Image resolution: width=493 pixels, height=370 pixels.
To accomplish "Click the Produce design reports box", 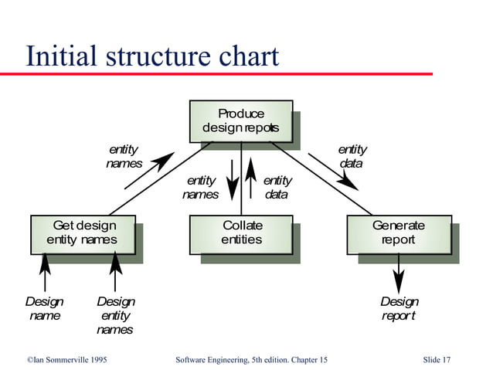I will pos(241,121).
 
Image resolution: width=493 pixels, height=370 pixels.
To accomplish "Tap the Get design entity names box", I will pos(83,233).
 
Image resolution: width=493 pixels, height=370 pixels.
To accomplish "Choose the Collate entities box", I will pos(241,233).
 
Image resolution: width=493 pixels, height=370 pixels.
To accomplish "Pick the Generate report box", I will pos(398,233).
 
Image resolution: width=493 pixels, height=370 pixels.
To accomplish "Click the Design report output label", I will pos(399,309).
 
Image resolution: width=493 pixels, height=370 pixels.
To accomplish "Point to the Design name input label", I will pos(44,308).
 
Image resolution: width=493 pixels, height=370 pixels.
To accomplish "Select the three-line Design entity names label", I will pos(114,316).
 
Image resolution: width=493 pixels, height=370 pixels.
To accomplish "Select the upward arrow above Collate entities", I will pos(250,179).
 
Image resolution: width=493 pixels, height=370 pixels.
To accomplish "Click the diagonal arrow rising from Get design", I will pos(149,171).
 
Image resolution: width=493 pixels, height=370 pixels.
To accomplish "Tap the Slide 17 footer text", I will pos(437,359).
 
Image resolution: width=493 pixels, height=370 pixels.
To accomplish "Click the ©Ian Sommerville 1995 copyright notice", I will pos(66,359).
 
